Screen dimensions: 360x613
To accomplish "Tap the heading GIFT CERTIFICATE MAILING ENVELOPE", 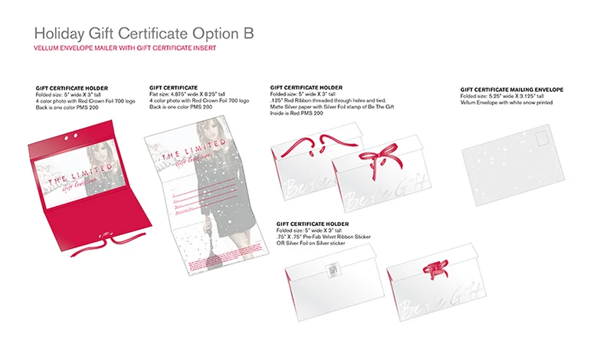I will tap(512, 90).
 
